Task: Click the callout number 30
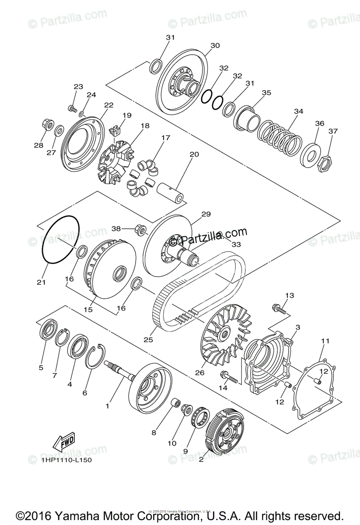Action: coord(215,45)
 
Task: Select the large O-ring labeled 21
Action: coord(61,240)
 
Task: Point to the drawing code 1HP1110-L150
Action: coord(66,460)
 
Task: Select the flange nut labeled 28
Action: coord(48,125)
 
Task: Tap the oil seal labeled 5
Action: coord(48,329)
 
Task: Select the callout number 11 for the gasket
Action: coord(325,341)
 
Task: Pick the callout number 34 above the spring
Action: coord(298,112)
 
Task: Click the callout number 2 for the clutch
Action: coord(201,460)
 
